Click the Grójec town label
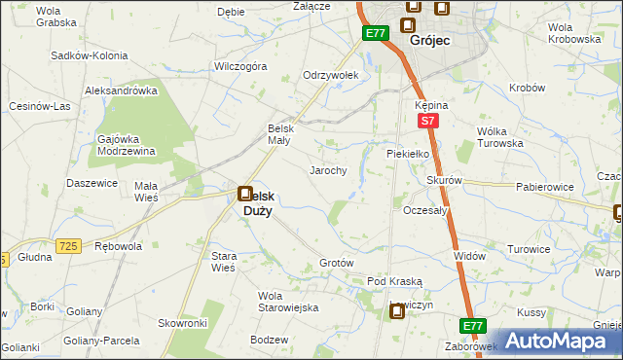(428, 42)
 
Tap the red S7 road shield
(426, 121)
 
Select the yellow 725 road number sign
(67, 248)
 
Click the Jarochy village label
(328, 169)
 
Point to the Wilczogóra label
(240, 67)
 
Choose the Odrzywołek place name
(332, 75)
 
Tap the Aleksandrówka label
(122, 90)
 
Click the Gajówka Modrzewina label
(127, 144)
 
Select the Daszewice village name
(92, 183)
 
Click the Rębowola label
(118, 247)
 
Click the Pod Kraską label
(394, 281)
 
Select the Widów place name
(470, 255)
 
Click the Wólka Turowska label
(499, 137)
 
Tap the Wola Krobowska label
(573, 33)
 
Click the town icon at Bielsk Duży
(245, 194)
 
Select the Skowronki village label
(183, 322)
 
